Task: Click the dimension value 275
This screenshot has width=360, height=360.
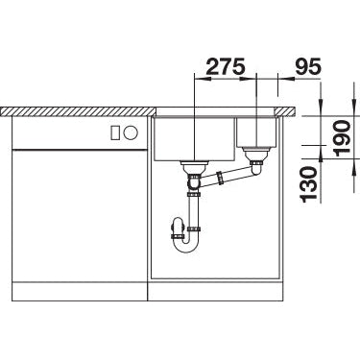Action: point(226,66)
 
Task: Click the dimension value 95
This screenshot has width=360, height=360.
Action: point(308,66)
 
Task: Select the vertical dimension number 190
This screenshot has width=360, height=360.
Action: point(342,137)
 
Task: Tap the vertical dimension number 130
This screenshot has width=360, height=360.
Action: point(309,184)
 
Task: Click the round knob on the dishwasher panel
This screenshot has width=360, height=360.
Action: point(131,132)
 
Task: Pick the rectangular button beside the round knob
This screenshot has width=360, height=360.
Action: point(115,132)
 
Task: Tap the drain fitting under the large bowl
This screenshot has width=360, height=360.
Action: point(194,167)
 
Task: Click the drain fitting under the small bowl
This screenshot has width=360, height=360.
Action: point(257,155)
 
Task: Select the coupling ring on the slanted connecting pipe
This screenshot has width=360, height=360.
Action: point(220,178)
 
